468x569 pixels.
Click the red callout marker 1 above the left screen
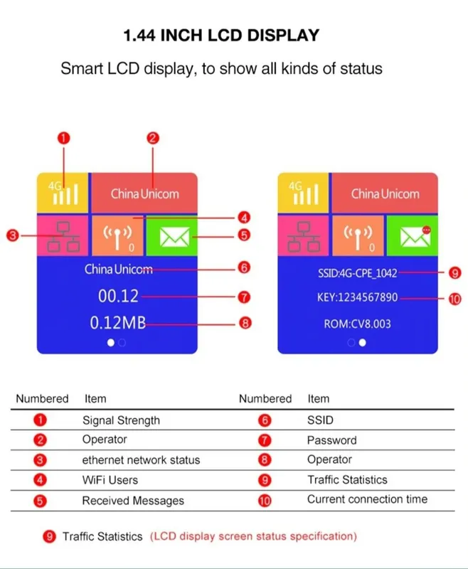click(x=63, y=138)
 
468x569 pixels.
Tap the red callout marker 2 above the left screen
click(x=153, y=138)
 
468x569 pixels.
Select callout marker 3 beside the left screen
click(x=12, y=235)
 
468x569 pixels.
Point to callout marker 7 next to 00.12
click(x=244, y=297)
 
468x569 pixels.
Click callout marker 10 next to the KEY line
click(x=455, y=299)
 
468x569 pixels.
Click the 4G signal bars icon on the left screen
click(x=63, y=193)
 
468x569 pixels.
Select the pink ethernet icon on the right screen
click(x=303, y=236)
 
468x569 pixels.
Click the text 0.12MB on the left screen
click(x=118, y=323)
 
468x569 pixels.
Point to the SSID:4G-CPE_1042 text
click(x=357, y=273)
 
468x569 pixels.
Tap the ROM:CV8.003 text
click(x=357, y=324)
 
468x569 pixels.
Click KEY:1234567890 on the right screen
click(x=357, y=297)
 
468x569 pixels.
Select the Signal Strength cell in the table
click(x=121, y=420)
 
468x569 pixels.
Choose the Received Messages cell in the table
click(x=133, y=501)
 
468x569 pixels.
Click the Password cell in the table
click(x=332, y=440)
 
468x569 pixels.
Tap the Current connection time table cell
click(x=367, y=499)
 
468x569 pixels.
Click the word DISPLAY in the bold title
click(x=283, y=35)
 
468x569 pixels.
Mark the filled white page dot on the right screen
click(x=362, y=343)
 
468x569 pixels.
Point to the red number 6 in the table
click(x=265, y=420)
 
